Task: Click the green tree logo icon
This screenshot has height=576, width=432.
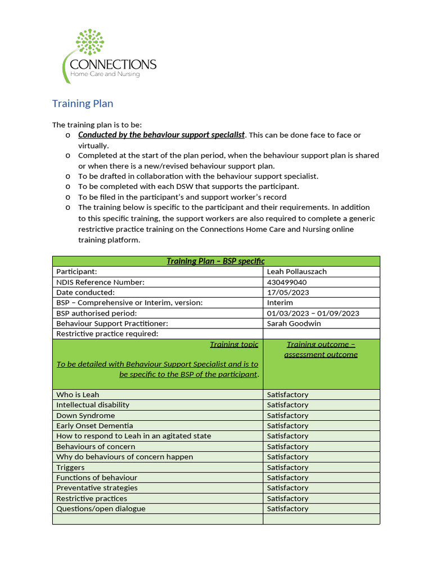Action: pos(89,44)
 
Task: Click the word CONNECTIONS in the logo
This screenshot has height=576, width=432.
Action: pos(112,65)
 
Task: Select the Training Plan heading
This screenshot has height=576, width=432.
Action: pos(83,103)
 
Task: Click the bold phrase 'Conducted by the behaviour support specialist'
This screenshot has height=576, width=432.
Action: pos(161,135)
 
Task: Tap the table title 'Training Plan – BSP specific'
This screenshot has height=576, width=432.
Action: pos(215,261)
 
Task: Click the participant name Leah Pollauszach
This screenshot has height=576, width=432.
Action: pos(296,272)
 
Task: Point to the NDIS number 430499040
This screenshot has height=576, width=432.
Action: pos(287,282)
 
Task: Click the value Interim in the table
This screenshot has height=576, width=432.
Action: pos(280,303)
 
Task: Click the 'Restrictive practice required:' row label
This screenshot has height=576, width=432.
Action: pos(107,334)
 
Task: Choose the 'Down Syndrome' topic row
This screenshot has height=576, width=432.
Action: pos(85,415)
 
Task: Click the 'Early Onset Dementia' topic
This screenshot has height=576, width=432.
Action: pos(94,426)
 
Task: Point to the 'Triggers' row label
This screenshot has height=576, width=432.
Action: pos(70,467)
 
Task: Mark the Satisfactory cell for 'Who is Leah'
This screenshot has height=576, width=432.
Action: pos(287,394)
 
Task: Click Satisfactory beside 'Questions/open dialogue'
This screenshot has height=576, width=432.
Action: pos(287,508)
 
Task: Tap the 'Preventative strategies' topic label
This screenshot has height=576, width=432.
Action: pos(97,488)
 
